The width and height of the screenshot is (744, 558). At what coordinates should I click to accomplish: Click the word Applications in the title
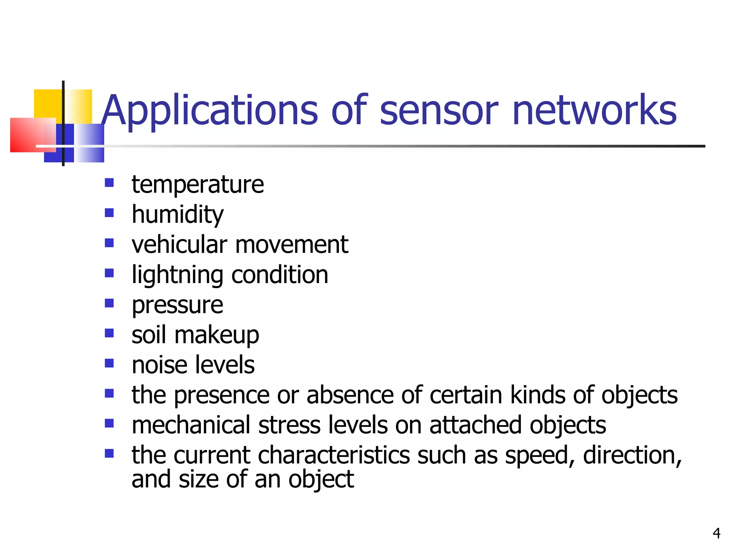[x=209, y=110]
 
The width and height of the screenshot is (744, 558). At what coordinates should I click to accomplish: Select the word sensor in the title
[x=438, y=110]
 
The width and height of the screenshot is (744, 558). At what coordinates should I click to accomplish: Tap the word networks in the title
[x=594, y=110]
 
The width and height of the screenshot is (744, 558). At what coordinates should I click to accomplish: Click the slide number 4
[x=716, y=533]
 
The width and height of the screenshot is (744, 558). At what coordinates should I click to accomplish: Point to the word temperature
[x=198, y=185]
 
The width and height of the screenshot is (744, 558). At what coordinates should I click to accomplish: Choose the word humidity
[x=178, y=215]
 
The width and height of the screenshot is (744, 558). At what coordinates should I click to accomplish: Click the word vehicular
[x=179, y=244]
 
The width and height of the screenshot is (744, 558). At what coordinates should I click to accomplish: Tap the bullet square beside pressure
[x=109, y=303]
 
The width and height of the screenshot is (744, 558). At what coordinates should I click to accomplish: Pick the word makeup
[x=217, y=335]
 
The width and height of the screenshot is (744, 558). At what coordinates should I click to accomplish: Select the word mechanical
[x=191, y=425]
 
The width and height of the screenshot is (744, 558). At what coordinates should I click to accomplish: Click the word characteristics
[x=333, y=455]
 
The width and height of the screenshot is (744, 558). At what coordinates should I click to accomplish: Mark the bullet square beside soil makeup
[x=109, y=333]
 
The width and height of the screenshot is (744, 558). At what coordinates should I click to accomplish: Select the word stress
[x=289, y=425]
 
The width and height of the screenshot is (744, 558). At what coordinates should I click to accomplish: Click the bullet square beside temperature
[x=109, y=182]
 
